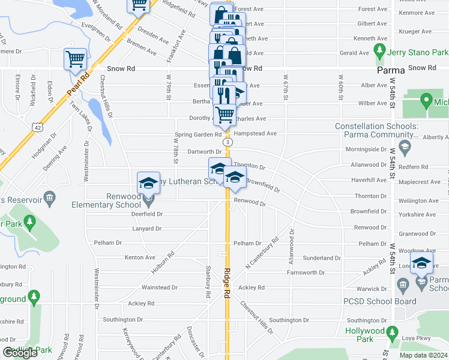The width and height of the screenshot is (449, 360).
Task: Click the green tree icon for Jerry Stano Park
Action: coord(379,49)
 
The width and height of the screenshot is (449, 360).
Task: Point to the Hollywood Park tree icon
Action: coord(393,331)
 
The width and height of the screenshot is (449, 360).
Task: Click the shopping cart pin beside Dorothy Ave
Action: coord(224,114)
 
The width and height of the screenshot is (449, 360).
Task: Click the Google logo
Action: coord(20,353)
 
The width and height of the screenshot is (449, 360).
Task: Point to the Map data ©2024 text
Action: coord(423,355)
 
